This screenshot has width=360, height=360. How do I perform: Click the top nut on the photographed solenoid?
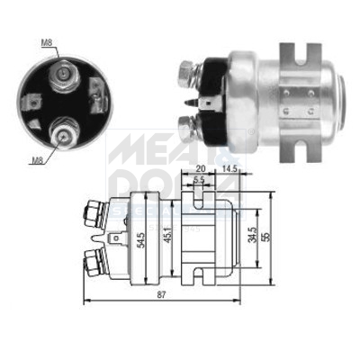[189, 69]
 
